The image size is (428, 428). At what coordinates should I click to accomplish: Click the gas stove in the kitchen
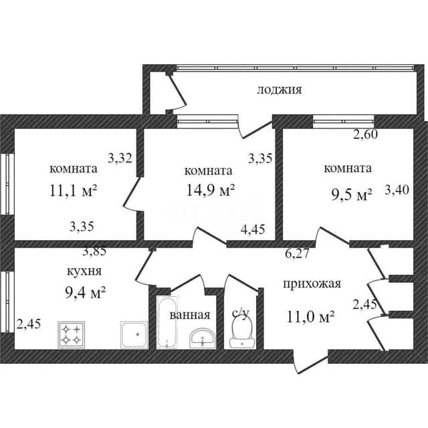[72, 334]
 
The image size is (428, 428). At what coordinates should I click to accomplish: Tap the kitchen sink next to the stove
[134, 334]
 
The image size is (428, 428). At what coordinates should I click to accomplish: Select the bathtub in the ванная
[167, 322]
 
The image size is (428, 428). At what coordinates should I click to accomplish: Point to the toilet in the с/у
[242, 332]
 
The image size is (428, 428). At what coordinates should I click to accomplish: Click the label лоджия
[280, 90]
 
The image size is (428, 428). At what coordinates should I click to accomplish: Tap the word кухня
[84, 272]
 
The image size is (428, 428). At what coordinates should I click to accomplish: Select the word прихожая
[312, 284]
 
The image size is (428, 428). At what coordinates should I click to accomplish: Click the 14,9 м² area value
[210, 190]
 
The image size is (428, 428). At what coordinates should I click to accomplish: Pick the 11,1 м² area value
[73, 191]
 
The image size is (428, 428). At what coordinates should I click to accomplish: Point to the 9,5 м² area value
[352, 195]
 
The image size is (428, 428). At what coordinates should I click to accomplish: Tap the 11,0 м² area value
[310, 316]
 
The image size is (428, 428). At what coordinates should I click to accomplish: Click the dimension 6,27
[297, 254]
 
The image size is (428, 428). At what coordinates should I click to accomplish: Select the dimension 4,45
[253, 229]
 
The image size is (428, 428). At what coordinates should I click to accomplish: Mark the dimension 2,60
[366, 134]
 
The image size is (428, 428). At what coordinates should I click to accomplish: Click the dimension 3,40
[397, 190]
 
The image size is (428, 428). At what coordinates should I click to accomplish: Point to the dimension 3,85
[94, 251]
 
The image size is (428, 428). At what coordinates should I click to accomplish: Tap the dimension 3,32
[120, 158]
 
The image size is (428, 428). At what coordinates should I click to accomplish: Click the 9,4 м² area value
[86, 293]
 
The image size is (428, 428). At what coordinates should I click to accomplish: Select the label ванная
[190, 315]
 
